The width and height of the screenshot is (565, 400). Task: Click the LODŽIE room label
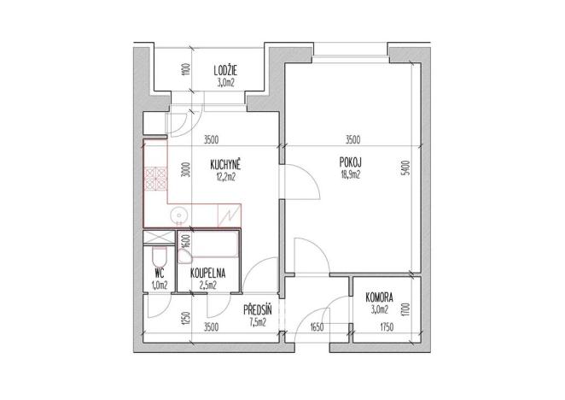coord(225,72)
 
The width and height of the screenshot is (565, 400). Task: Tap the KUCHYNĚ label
coord(226,167)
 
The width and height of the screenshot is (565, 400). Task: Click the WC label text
coord(158,274)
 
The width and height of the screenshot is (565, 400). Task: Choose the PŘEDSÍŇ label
coord(256,311)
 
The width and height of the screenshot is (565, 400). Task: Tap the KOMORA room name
coord(378,298)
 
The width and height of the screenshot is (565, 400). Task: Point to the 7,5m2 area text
coord(257,322)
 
